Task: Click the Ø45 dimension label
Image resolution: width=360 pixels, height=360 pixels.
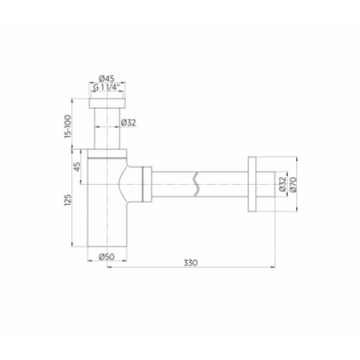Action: pyautogui.click(x=107, y=78)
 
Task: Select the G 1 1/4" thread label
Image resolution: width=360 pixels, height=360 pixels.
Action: pyautogui.click(x=107, y=88)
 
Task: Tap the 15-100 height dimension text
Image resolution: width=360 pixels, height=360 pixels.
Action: pyautogui.click(x=68, y=126)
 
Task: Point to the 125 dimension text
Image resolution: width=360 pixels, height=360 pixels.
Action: pyautogui.click(x=68, y=201)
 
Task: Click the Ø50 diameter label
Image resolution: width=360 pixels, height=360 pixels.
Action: pyautogui.click(x=107, y=257)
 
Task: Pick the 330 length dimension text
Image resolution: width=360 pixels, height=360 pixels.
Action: pyautogui.click(x=190, y=263)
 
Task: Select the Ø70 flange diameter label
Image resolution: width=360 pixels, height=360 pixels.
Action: pyautogui.click(x=292, y=184)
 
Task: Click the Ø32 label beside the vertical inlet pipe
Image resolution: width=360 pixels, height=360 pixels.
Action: pyautogui.click(x=129, y=122)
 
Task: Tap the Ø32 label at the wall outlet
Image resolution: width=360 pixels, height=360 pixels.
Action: pyautogui.click(x=283, y=184)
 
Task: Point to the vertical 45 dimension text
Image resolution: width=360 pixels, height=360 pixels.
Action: pyautogui.click(x=77, y=167)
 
